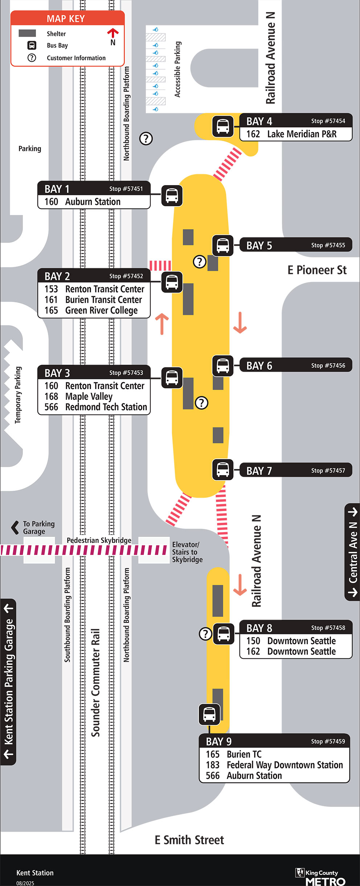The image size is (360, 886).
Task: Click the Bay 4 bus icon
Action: (x=222, y=126)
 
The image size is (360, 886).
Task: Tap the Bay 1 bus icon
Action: (x=172, y=196)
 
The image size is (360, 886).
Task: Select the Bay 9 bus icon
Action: (x=209, y=714)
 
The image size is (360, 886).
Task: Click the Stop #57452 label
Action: (x=126, y=276)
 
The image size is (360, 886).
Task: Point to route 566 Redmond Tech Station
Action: (x=95, y=407)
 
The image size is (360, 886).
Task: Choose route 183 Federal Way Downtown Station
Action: (x=274, y=765)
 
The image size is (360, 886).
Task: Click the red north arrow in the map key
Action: (x=113, y=33)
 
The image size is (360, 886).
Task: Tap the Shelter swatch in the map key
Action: (x=27, y=33)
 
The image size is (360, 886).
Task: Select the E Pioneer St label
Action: (x=317, y=270)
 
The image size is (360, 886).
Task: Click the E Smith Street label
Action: (x=189, y=840)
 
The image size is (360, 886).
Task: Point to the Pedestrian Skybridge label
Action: (x=99, y=540)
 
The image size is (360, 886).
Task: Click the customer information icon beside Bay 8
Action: (x=205, y=634)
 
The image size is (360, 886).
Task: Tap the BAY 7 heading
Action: (x=259, y=471)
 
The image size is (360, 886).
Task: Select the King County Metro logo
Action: (x=320, y=876)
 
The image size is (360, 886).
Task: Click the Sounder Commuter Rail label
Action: (x=95, y=682)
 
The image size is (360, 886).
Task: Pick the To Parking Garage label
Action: (x=38, y=527)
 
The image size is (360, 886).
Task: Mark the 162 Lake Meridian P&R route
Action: (x=291, y=134)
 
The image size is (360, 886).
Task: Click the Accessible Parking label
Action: (x=177, y=69)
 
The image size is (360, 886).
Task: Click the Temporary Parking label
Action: (x=18, y=395)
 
